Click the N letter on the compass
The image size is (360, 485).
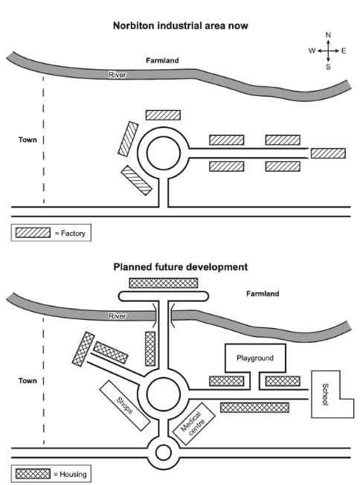[328, 35]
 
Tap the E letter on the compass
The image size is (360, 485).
[344, 51]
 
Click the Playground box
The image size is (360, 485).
[255, 358]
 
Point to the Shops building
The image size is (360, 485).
[125, 405]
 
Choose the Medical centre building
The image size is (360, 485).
[193, 424]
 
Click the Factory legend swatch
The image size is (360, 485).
[33, 233]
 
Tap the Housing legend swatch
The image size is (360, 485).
[33, 474]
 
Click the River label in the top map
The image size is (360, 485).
[118, 75]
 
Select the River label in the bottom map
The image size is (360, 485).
[118, 316]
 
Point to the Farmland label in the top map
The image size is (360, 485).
[162, 60]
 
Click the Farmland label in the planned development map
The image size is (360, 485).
[263, 294]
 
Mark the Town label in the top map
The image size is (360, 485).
[28, 140]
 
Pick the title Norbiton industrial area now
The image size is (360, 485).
[181, 25]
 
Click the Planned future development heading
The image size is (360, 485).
[181, 266]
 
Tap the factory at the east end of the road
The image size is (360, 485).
[328, 153]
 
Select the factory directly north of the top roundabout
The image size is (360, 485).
[163, 115]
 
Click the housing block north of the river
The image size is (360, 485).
[164, 283]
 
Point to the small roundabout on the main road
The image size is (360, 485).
[164, 453]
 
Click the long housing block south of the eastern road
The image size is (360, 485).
[255, 408]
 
